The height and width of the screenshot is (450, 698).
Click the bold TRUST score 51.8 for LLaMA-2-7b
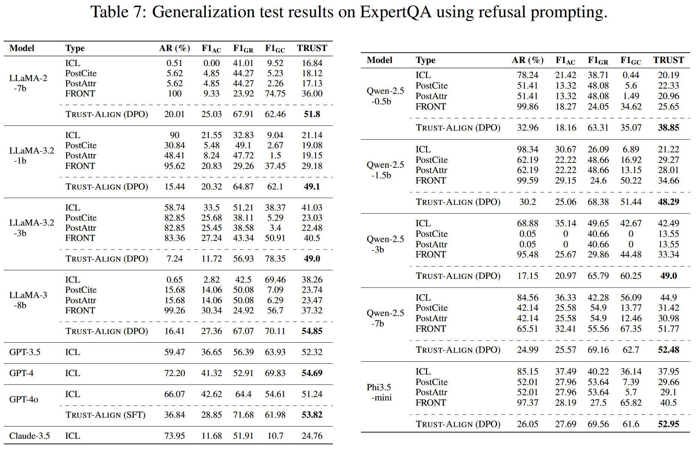click(312, 114)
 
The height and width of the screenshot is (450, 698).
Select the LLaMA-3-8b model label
click(28, 300)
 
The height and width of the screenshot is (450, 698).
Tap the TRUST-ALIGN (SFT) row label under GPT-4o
click(105, 415)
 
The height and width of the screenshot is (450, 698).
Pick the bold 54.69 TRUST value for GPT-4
click(312, 373)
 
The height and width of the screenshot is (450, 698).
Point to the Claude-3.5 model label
click(29, 436)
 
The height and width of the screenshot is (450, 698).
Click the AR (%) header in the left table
click(174, 48)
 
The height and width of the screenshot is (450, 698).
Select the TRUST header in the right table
click(668, 60)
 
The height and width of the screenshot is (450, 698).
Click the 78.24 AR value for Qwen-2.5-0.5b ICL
click(527, 75)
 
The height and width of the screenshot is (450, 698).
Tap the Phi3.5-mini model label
click(379, 392)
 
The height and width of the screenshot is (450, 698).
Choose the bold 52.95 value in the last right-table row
click(668, 424)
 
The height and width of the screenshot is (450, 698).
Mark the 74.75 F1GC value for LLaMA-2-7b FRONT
click(275, 93)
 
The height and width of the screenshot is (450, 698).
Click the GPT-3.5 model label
click(25, 352)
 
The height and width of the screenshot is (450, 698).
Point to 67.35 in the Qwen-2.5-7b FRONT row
click(631, 329)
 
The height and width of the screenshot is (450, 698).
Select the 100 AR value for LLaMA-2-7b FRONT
click(174, 93)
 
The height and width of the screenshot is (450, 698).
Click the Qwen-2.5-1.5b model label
click(385, 170)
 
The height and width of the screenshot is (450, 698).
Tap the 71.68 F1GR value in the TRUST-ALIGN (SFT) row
click(243, 415)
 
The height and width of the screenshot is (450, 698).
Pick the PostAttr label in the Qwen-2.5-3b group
click(431, 244)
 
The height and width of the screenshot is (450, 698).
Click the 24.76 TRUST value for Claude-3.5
click(312, 436)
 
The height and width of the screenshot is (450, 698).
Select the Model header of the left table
click(22, 48)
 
